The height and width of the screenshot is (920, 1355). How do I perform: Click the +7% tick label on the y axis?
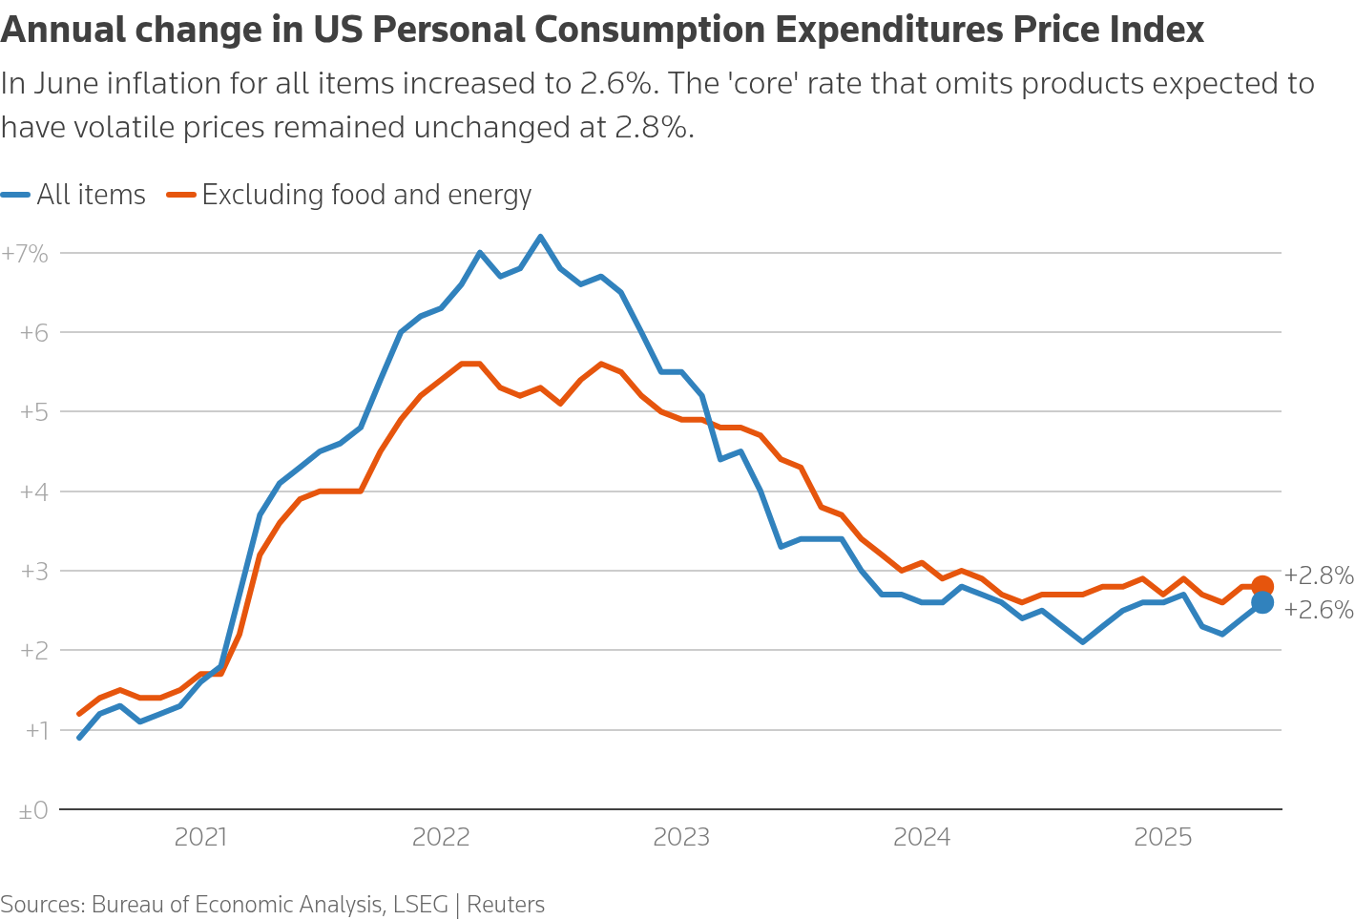(x=25, y=254)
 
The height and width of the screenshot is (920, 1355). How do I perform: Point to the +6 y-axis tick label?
(x=33, y=333)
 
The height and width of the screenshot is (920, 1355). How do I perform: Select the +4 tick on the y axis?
(x=33, y=491)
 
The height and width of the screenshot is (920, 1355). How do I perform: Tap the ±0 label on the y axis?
(x=32, y=811)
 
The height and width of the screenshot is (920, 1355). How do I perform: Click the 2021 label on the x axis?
(x=200, y=838)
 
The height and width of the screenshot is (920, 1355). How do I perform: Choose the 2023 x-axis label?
(x=681, y=838)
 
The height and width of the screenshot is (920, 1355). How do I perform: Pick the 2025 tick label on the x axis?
(x=1162, y=838)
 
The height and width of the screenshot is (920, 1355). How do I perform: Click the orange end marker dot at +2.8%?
(x=1261, y=587)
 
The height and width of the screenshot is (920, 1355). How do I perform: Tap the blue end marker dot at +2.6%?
(x=1261, y=602)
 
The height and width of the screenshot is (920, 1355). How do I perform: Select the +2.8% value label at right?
(x=1318, y=575)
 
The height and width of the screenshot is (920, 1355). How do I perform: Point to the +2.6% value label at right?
(x=1318, y=610)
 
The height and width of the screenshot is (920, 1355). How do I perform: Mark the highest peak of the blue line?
(x=540, y=237)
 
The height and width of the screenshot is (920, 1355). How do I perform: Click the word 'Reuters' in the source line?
(x=506, y=905)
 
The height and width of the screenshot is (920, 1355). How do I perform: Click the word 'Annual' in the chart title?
(x=62, y=31)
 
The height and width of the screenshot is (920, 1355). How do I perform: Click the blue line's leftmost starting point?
(x=79, y=738)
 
